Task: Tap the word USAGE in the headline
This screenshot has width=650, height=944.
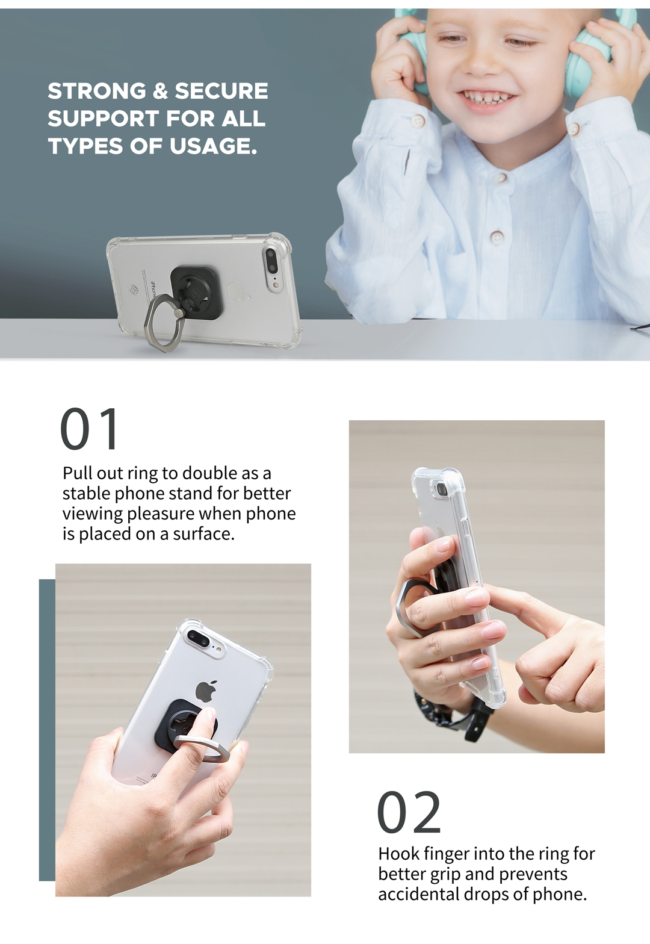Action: tap(213, 146)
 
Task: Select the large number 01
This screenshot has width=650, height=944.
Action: tap(89, 429)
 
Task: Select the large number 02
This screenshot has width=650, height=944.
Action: tap(409, 813)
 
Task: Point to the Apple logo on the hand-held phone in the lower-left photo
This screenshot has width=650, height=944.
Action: tap(205, 691)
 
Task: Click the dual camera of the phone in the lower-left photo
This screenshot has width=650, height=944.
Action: tap(199, 640)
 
